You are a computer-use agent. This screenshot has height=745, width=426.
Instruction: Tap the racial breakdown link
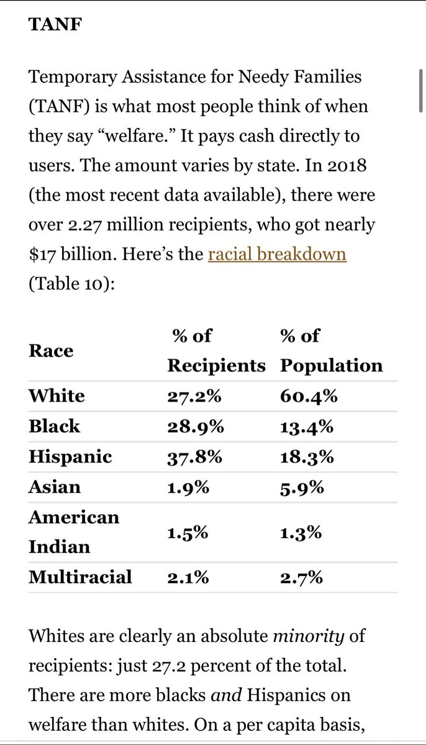pos(277,254)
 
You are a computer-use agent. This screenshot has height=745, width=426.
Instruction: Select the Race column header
pos(51,351)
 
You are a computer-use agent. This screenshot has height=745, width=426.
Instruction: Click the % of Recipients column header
pos(216,351)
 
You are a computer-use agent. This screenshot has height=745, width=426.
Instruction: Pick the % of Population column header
pos(331,351)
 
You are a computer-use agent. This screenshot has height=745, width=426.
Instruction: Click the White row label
pos(57,396)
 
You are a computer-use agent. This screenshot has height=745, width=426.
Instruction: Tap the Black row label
pos(54,427)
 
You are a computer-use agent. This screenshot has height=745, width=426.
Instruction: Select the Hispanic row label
pos(70,457)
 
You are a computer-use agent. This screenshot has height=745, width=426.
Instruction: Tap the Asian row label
pos(54,487)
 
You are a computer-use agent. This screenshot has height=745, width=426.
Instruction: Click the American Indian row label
pos(73,532)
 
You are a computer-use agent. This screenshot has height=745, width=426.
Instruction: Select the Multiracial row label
pos(80,577)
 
